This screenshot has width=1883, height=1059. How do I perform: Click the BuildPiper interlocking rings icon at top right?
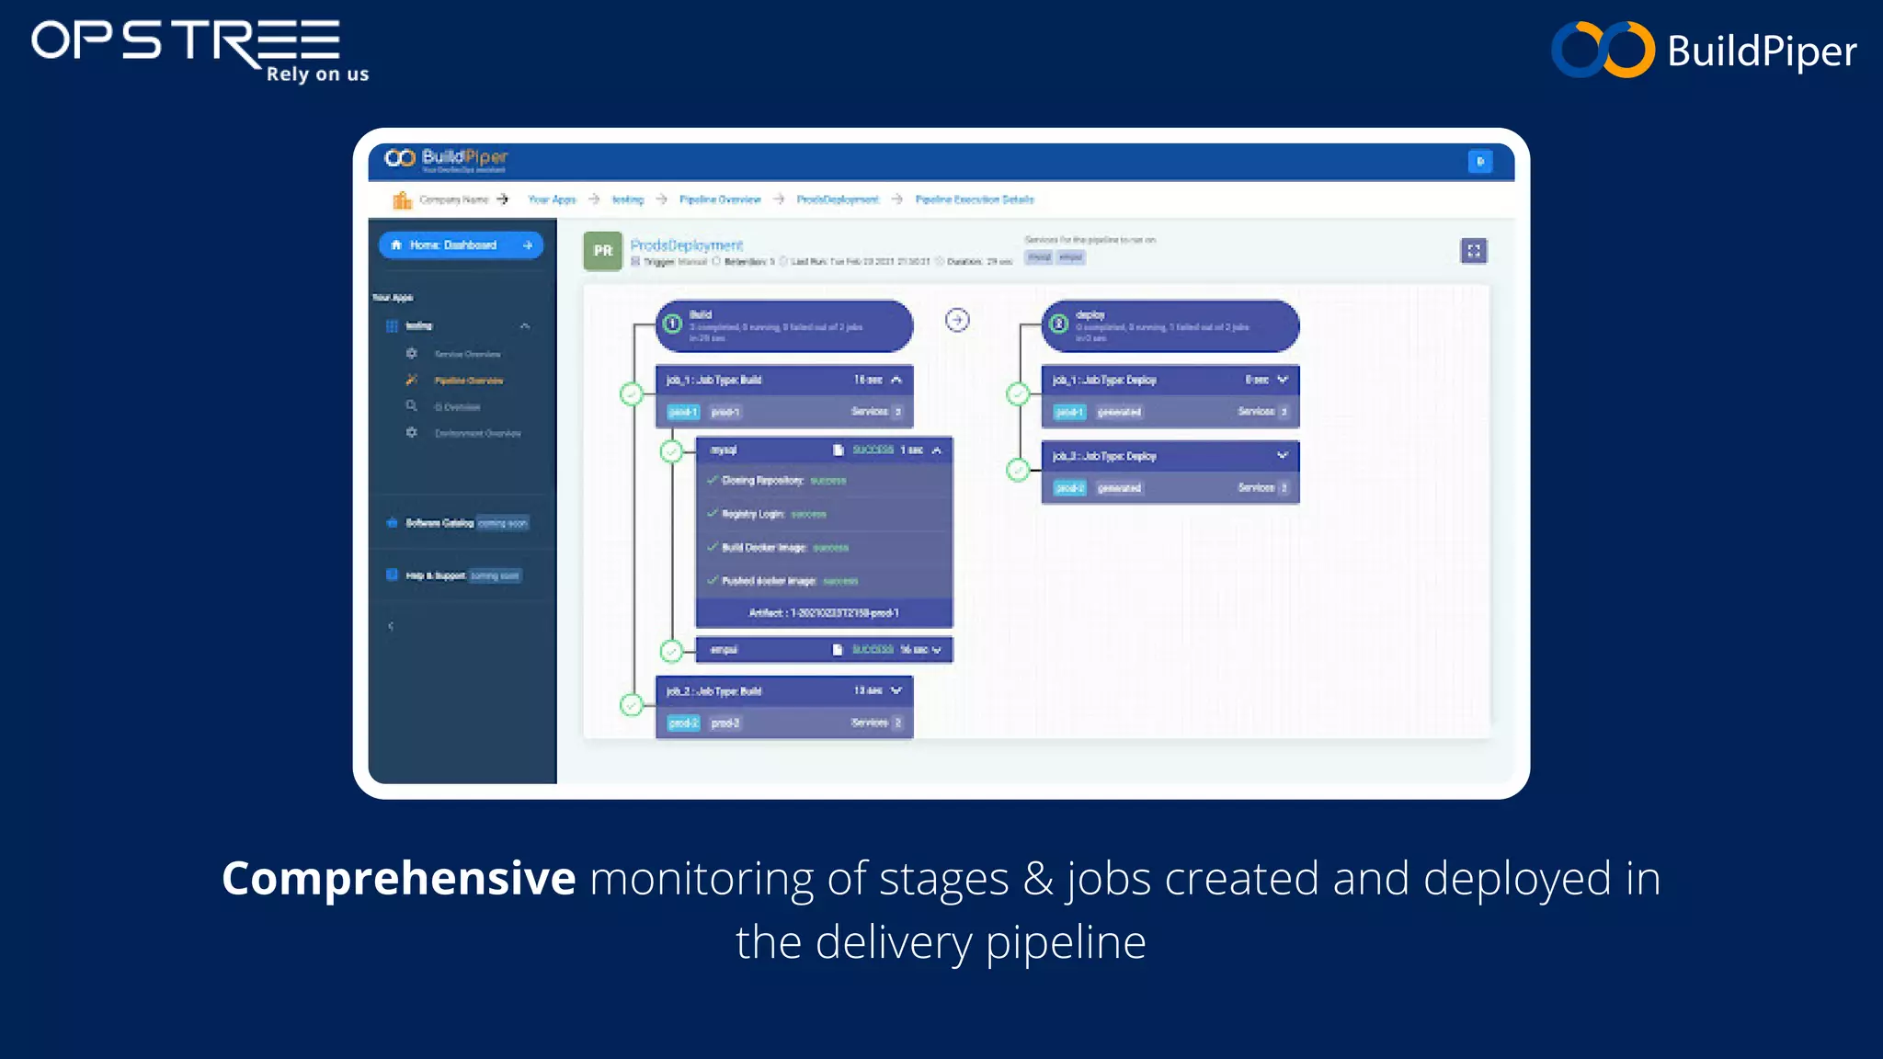1603,50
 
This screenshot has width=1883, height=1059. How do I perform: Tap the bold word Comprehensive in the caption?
398,879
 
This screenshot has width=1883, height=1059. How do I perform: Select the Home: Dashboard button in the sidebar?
461,245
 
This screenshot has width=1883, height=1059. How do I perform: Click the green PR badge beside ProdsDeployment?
602,251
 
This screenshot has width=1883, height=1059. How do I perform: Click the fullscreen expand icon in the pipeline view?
1473,251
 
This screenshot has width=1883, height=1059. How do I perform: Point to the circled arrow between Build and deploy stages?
957,320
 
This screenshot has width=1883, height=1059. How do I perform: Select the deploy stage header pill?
1170,326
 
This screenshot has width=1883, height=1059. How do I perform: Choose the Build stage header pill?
783,326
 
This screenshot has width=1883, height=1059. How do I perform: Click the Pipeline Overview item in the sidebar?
468,381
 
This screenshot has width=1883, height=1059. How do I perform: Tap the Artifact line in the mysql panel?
824,613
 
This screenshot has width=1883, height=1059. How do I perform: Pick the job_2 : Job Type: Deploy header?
1170,456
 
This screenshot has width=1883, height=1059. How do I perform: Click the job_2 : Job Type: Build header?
783,691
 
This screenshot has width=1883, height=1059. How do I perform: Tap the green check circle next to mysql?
672,451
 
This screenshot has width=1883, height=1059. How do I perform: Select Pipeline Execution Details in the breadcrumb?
975,199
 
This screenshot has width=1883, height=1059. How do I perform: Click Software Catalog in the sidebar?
439,523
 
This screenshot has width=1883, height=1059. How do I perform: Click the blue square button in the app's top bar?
1479,162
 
